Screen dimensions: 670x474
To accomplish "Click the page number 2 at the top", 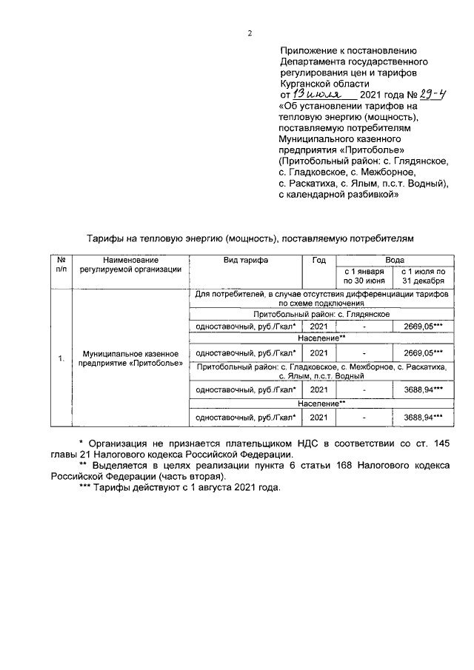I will pyautogui.click(x=250, y=33).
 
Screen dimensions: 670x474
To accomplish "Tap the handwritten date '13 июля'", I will pyautogui.click(x=316, y=96).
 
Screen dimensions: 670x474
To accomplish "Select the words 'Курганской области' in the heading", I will pyautogui.click(x=324, y=84).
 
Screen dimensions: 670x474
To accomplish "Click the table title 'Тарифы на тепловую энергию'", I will pyautogui.click(x=154, y=238).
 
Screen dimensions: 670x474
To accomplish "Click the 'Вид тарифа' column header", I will pyautogui.click(x=246, y=261).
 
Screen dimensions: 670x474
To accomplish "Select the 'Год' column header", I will pyautogui.click(x=318, y=261).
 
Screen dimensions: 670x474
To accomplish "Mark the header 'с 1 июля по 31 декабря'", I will pyautogui.click(x=423, y=276).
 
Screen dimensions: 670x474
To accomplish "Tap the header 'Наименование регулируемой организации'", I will pyautogui.click(x=130, y=265).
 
